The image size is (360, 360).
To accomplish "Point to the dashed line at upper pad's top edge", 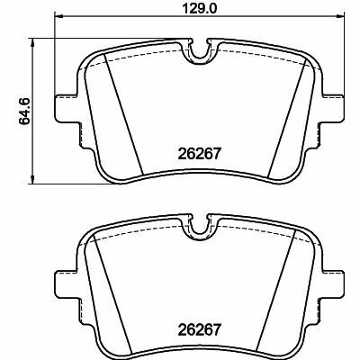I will pos(144,55).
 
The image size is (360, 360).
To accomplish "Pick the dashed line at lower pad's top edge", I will pos(144,230).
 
